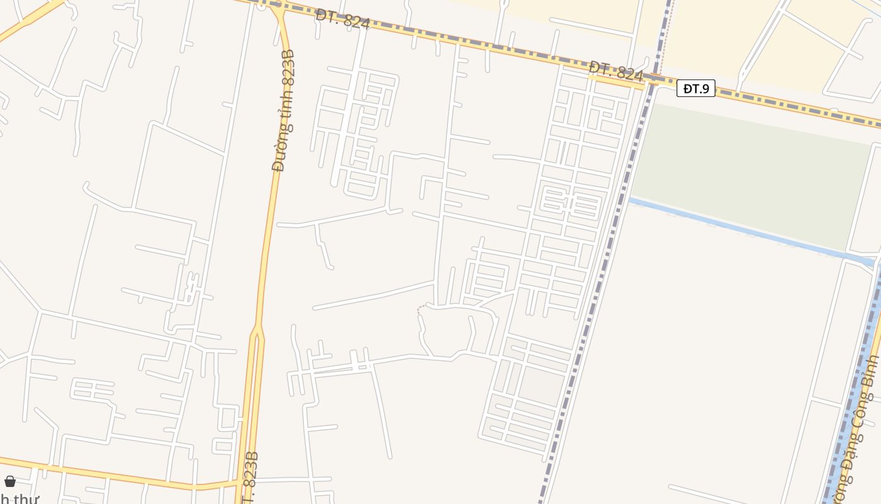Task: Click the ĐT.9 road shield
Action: pos(696,88)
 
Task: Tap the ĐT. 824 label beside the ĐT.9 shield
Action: pos(616,71)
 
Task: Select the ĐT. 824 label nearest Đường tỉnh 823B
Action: pos(342,19)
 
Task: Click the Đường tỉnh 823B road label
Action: pos(284,110)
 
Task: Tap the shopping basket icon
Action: pos(10,481)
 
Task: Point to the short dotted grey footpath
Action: pos(420,309)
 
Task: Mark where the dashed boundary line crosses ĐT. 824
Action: pos(656,79)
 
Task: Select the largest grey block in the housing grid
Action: pos(540,385)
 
